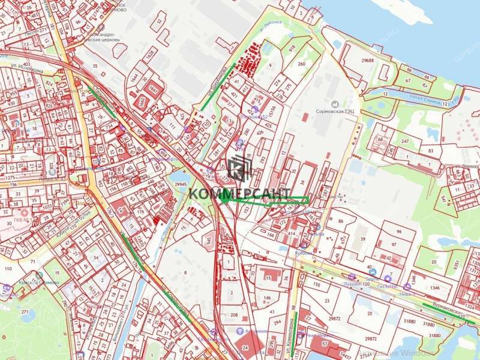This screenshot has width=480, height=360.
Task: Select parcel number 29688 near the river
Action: [x=368, y=61]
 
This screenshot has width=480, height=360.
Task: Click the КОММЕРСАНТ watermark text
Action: [x=240, y=193]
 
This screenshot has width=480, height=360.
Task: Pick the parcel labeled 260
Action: [x=301, y=64]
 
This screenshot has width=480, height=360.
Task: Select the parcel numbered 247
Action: [x=405, y=141]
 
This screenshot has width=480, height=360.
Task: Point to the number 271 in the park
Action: [x=25, y=313]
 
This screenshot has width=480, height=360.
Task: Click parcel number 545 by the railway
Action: [x=208, y=241]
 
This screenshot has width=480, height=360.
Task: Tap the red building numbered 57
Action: [x=325, y=344]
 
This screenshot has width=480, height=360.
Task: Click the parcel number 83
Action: [x=431, y=151]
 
